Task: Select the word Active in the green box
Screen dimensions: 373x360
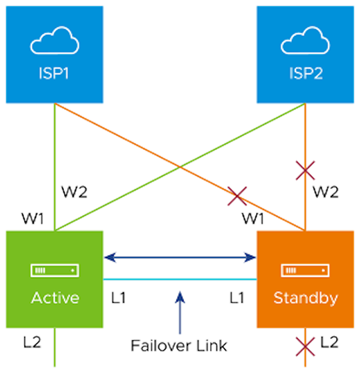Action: pyautogui.click(x=55, y=297)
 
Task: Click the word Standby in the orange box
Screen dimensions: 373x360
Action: pyautogui.click(x=305, y=297)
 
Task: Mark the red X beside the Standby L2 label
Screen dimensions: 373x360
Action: pyautogui.click(x=305, y=346)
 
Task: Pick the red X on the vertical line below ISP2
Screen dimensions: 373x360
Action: pyautogui.click(x=305, y=171)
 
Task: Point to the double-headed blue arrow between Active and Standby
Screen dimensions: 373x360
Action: pyautogui.click(x=180, y=256)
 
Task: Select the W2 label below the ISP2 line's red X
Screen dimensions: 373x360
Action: pyautogui.click(x=326, y=193)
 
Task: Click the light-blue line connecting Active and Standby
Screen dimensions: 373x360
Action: pyautogui.click(x=147, y=280)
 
